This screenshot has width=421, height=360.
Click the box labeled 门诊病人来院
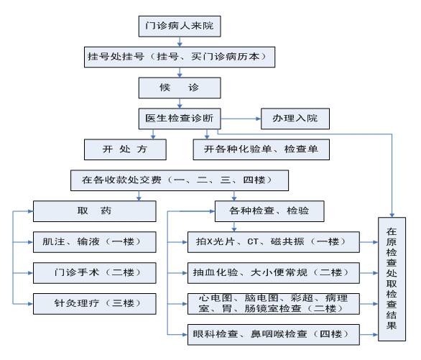click(x=180, y=26)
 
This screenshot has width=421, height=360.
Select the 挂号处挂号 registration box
click(x=180, y=57)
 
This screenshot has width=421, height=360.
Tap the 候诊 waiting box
click(x=180, y=88)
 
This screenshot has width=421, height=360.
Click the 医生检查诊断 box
click(x=180, y=119)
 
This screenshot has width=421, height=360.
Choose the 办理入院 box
click(x=295, y=119)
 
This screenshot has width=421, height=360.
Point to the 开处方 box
click(x=125, y=149)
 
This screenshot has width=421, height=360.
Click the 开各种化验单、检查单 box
click(x=262, y=149)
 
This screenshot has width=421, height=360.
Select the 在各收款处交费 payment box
click(x=180, y=180)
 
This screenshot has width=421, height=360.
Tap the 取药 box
click(x=95, y=211)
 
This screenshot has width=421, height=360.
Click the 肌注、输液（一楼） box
click(x=95, y=242)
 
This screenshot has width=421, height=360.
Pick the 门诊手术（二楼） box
click(x=95, y=273)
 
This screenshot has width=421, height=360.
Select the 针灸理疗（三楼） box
click(x=95, y=304)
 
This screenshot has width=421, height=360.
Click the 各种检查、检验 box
click(x=269, y=211)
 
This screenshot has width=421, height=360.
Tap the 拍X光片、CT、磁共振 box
click(x=274, y=242)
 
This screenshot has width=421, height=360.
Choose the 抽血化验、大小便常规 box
click(x=274, y=273)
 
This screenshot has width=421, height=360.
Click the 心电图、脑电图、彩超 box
click(x=274, y=304)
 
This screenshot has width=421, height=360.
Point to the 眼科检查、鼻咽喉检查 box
click(x=274, y=335)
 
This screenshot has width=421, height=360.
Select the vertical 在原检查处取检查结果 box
click(x=392, y=280)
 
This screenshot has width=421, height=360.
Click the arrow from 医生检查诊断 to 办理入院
click(x=241, y=119)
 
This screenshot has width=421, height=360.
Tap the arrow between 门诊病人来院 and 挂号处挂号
click(x=180, y=42)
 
